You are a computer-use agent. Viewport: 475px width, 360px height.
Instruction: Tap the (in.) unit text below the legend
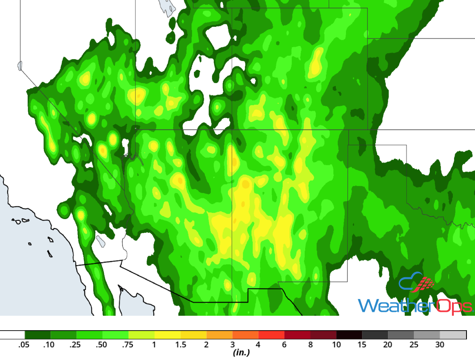[241, 353]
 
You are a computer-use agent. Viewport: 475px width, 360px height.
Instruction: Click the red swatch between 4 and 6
[271, 335]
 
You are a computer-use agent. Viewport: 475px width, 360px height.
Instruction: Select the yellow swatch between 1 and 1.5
[167, 335]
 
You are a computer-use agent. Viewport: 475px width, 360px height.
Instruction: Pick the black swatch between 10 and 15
[349, 335]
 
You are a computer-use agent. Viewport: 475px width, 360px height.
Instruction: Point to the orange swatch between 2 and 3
[219, 335]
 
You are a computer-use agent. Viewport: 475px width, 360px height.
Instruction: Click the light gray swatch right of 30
[453, 335]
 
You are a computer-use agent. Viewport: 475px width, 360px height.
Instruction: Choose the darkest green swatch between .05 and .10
[37, 335]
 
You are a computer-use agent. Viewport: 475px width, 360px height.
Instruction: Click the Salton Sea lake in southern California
[100, 241]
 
